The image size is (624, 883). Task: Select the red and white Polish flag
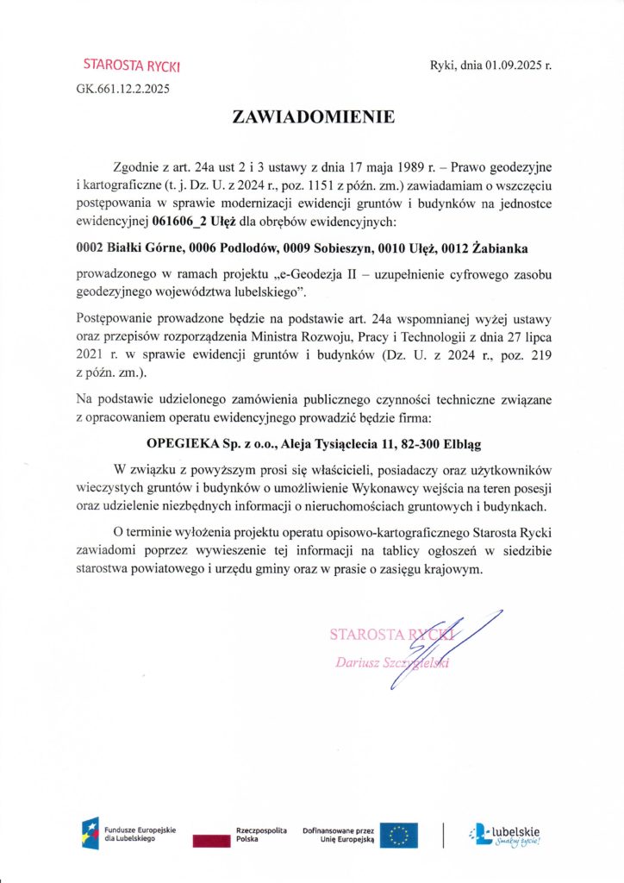(x=212, y=835)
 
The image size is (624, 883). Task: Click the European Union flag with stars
(x=399, y=834)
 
